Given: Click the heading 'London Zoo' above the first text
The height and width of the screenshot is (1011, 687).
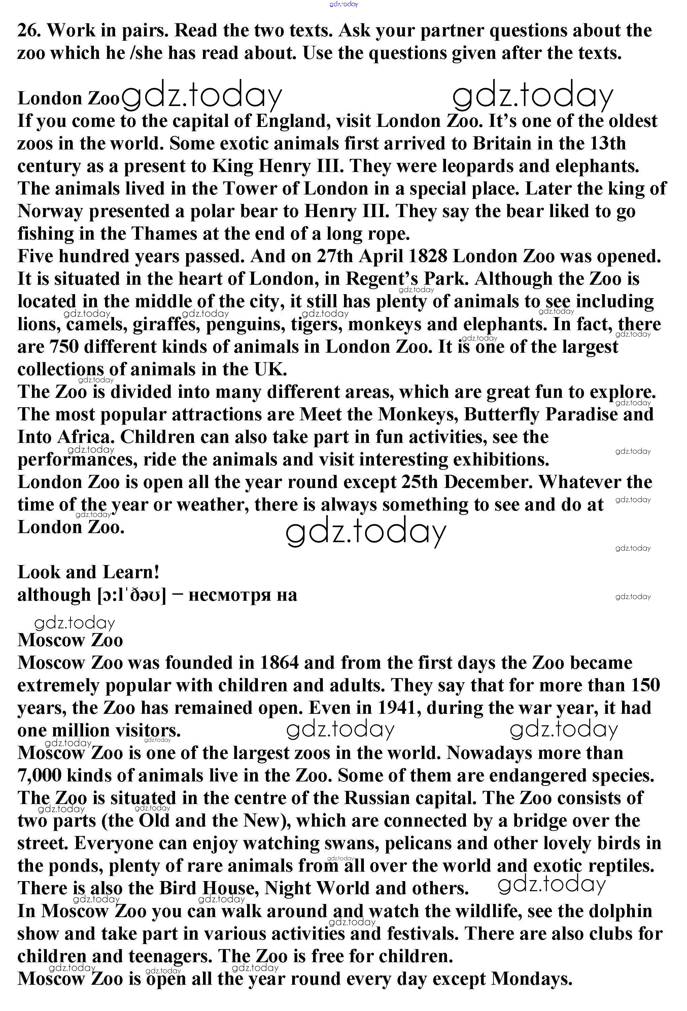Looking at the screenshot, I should point(68,98).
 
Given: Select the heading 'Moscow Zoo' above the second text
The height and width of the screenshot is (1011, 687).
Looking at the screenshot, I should point(70,640).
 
